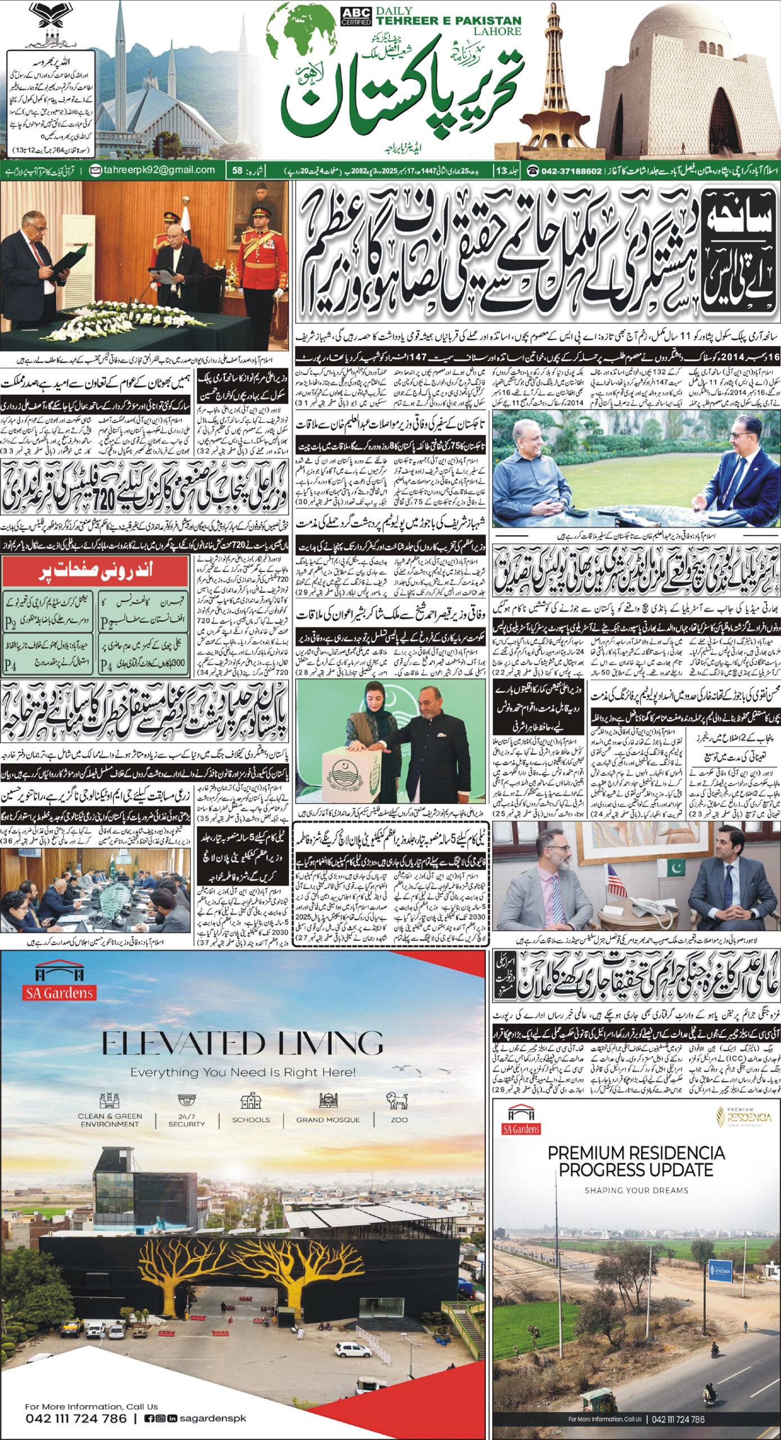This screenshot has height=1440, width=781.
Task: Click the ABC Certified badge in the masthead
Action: click(x=356, y=16)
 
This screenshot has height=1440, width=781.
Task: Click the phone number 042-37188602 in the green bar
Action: click(x=571, y=170)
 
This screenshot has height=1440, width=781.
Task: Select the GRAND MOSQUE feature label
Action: click(x=328, y=1104)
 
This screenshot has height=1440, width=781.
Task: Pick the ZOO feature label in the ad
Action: click(x=399, y=1104)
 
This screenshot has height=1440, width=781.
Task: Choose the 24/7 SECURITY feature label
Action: click(x=186, y=1105)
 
